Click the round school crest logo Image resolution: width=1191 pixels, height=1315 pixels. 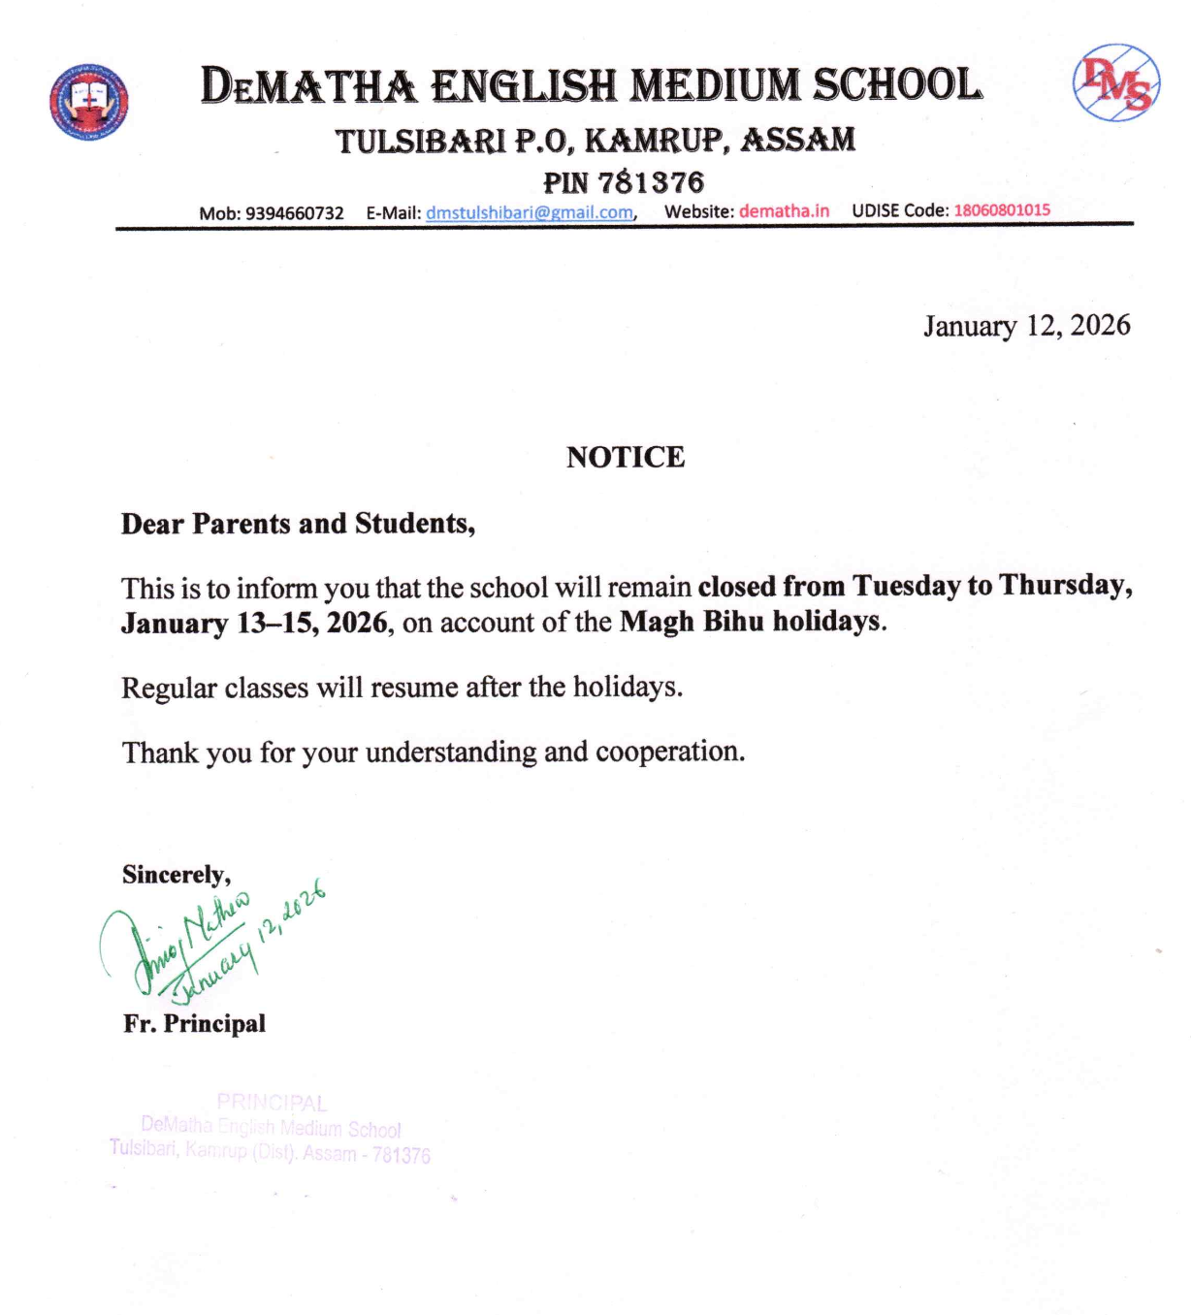[x=88, y=101]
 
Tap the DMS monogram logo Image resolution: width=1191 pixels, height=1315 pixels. [x=1115, y=82]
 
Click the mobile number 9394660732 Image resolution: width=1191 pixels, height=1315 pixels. [x=294, y=213]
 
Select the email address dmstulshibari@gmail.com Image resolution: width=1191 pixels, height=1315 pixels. [x=530, y=212]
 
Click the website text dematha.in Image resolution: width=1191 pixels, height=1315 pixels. [x=784, y=210]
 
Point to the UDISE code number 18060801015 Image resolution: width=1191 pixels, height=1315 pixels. [x=1001, y=209]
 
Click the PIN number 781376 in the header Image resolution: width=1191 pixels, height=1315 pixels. [x=651, y=181]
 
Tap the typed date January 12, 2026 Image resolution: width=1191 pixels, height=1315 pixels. [x=1026, y=326]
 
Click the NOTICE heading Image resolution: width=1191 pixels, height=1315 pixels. [x=626, y=457]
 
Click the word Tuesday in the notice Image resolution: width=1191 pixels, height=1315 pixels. [x=906, y=586]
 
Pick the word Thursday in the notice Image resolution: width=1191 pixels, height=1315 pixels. [x=1064, y=585]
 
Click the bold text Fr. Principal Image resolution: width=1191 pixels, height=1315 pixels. [x=194, y=1024]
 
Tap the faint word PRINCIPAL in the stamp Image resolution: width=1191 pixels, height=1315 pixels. [x=272, y=1103]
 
